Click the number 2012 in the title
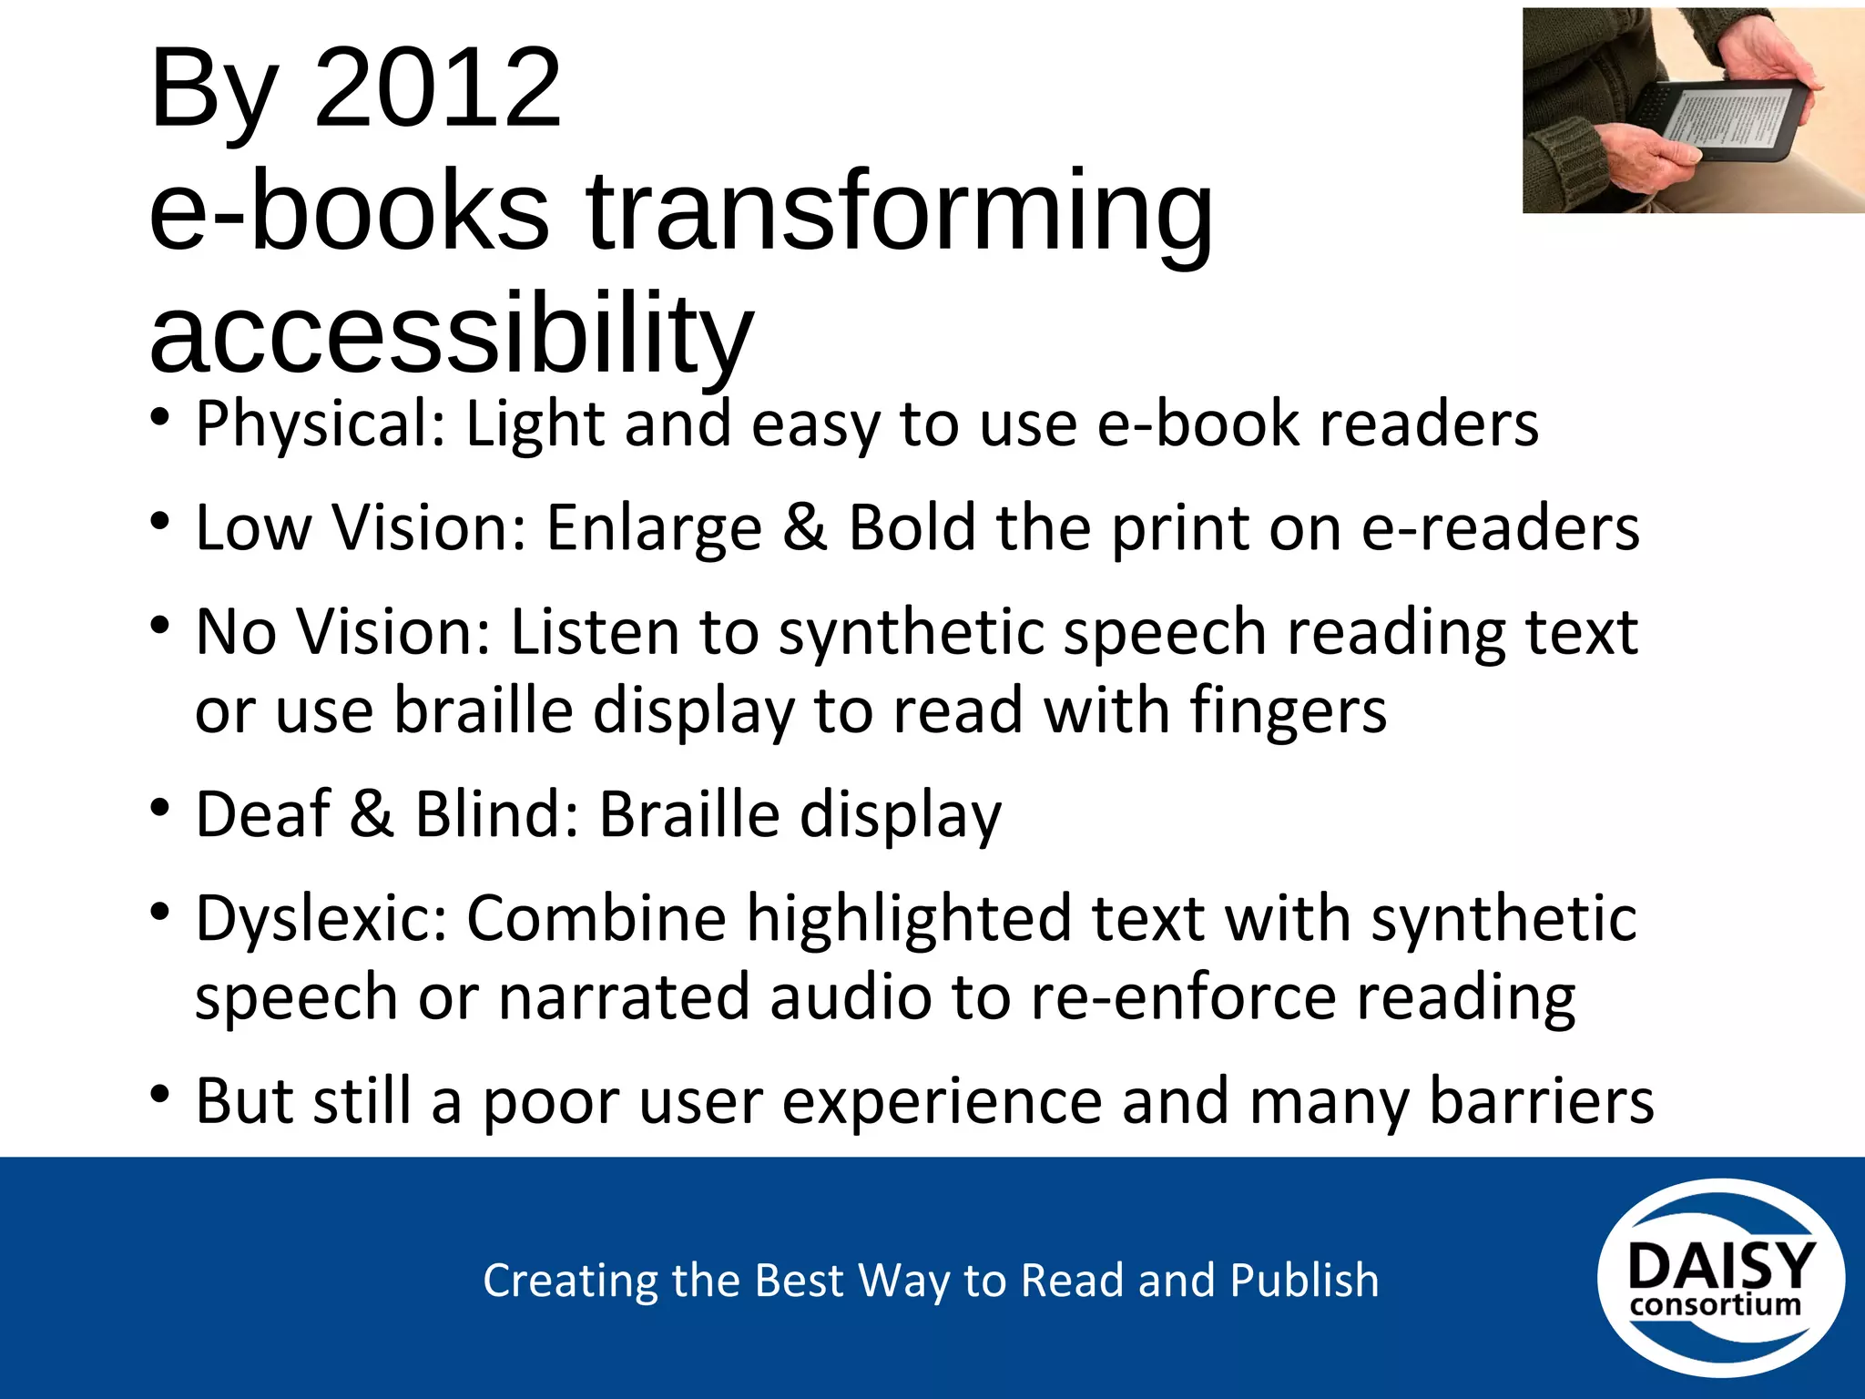point(438,89)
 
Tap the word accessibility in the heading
point(452,333)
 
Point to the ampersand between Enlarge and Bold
point(805,527)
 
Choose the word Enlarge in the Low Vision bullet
point(653,527)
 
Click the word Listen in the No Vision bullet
point(595,632)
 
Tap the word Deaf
point(262,813)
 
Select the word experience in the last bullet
point(942,1101)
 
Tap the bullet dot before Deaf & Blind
point(161,808)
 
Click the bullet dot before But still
point(161,1094)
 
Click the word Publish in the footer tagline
point(1304,1281)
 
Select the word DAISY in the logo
point(1720,1265)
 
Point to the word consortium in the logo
point(1716,1305)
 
